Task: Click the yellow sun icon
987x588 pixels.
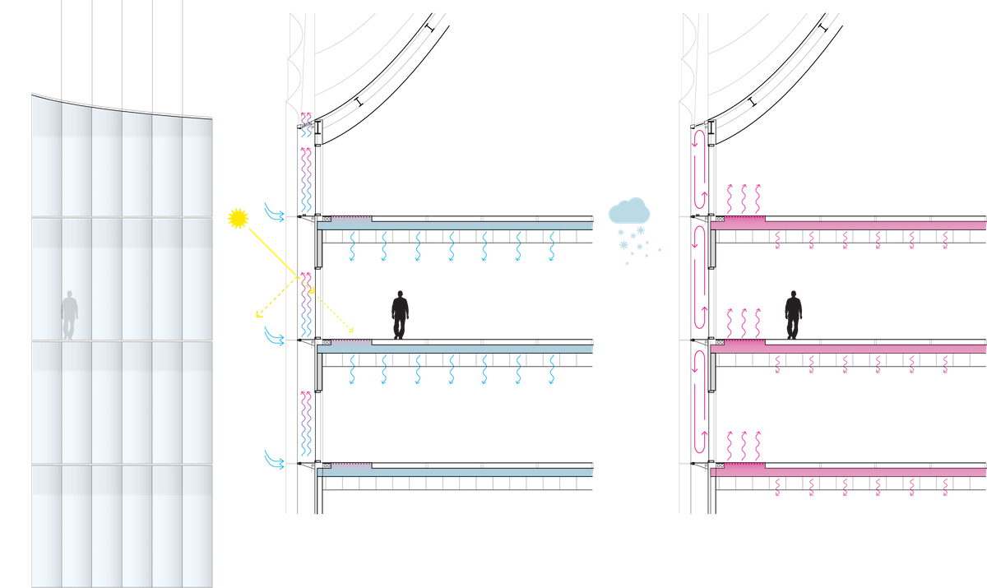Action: point(238,217)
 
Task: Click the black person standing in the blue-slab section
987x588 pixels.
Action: point(400,313)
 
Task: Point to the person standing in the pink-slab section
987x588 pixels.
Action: point(793,313)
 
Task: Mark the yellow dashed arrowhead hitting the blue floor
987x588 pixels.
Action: point(351,331)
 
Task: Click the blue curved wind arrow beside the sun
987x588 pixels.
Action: point(272,212)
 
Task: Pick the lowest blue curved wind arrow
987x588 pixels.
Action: point(272,460)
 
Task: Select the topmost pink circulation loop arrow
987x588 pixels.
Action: point(700,169)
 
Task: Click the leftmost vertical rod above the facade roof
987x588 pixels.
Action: point(63,49)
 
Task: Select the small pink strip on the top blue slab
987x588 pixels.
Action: point(351,220)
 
